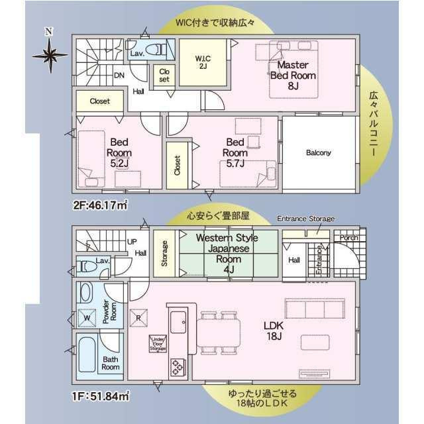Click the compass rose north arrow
point(48,53)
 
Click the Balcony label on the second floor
point(318,152)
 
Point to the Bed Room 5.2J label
point(119,152)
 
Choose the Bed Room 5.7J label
point(235,152)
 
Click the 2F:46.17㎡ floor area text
point(100,205)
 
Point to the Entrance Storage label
point(305,219)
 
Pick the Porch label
point(349,237)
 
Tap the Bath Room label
point(110,362)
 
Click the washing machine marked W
point(86,317)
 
